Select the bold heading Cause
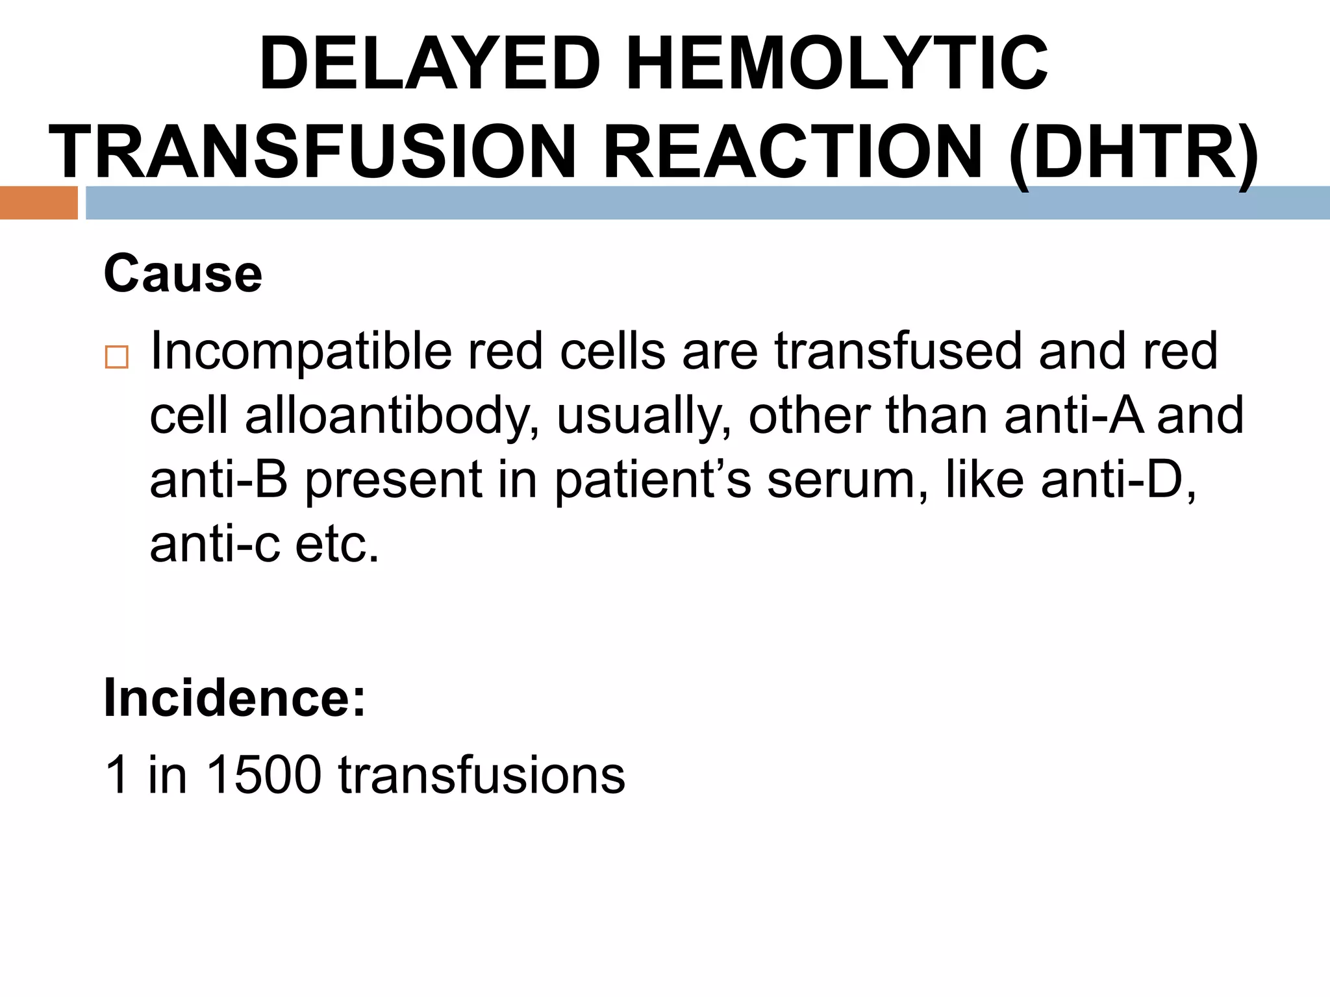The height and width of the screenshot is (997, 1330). pos(182,274)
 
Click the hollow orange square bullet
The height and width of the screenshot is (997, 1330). pos(117,358)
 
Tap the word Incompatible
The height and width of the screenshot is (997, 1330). pos(301,351)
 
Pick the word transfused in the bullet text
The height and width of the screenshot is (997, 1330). pos(899,351)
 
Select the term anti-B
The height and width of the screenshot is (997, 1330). pos(219,480)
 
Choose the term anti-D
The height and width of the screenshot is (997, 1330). pos(1118,480)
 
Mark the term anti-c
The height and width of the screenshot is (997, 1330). pos(215,544)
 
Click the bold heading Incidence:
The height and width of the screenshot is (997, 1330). pos(234,698)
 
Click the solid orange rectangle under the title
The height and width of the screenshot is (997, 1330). pos(38,203)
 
